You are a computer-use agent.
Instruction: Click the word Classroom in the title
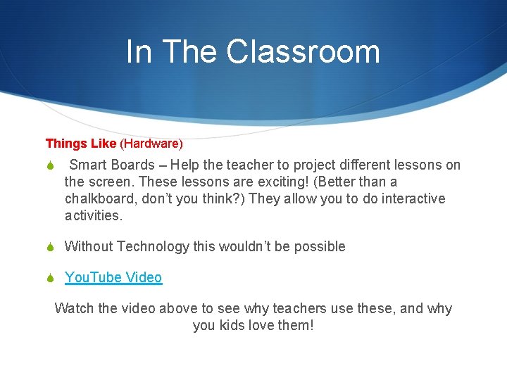(x=303, y=51)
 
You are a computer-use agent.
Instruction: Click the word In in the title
(x=138, y=51)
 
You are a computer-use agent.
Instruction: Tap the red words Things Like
(x=81, y=144)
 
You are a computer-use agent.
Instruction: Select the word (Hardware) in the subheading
(x=151, y=144)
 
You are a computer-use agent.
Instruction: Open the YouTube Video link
(x=113, y=277)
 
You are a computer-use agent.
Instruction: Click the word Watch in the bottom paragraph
(x=73, y=309)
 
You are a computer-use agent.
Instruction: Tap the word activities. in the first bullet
(x=94, y=216)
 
